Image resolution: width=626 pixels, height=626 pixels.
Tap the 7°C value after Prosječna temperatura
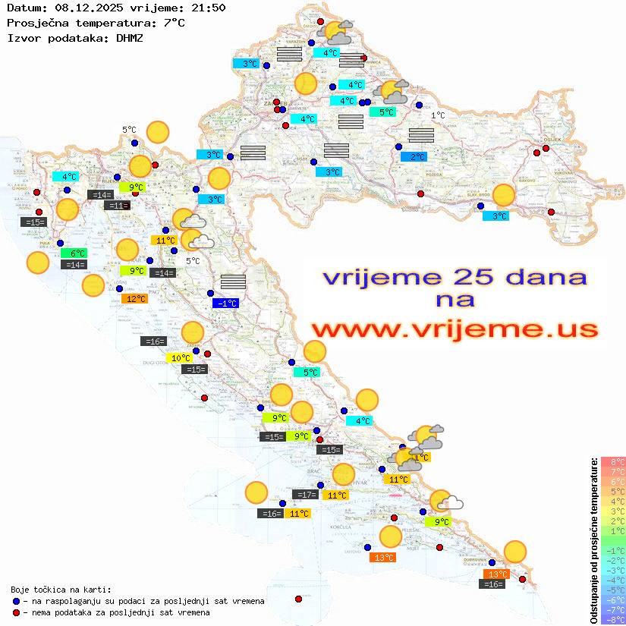(172, 22)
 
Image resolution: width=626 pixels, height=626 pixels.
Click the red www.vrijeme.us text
(455, 329)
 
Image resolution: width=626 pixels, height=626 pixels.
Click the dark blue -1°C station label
(226, 303)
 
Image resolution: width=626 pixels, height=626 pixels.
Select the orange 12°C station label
(134, 299)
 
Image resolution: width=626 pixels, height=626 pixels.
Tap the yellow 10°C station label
(180, 358)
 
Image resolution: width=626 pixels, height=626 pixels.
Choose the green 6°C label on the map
(77, 253)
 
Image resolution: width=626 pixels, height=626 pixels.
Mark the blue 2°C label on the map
(414, 157)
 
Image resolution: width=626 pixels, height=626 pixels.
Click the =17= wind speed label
(305, 495)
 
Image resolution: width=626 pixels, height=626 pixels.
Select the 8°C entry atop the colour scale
(613, 462)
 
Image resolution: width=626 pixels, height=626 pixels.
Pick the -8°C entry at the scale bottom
(613, 620)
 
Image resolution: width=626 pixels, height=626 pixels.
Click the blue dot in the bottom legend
(17, 601)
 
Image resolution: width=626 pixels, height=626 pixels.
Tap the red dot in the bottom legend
(17, 612)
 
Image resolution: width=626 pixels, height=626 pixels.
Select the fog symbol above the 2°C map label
(420, 136)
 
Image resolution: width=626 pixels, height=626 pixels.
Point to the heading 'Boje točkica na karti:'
(61, 590)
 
